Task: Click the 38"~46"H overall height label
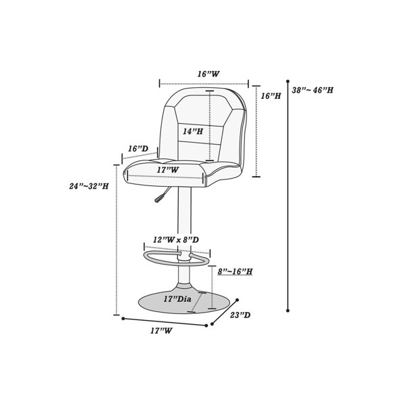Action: (313, 90)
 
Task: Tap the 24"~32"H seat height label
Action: (89, 186)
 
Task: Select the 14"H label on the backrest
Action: (193, 131)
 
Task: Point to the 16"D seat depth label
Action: (138, 149)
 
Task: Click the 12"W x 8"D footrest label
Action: (176, 240)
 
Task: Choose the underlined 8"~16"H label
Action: (235, 271)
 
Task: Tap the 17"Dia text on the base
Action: (177, 299)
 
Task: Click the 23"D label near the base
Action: (240, 315)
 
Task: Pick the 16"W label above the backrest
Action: (208, 74)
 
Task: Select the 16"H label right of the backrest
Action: (271, 96)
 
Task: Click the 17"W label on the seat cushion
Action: (168, 170)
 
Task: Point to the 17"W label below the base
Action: (161, 331)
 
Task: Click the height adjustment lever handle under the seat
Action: (158, 198)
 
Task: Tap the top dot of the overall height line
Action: (288, 81)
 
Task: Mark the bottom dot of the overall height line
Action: (288, 311)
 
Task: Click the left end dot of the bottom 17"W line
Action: (123, 319)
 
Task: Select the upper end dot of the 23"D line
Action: (237, 300)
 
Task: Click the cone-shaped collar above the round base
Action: (185, 288)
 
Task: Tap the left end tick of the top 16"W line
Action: (160, 84)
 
